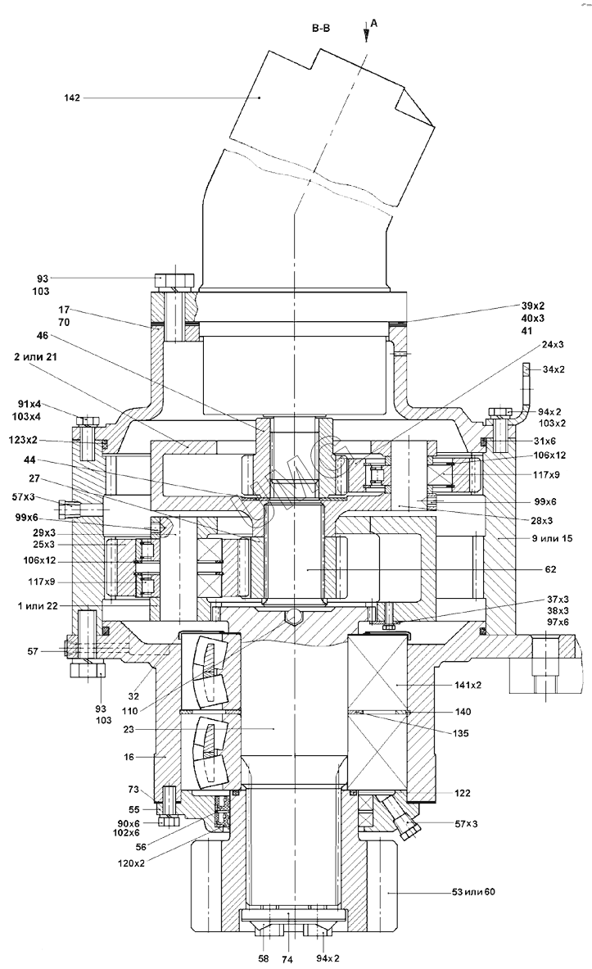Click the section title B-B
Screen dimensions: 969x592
pos(320,28)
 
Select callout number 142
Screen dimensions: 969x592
pos(71,98)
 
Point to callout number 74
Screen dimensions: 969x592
pos(287,957)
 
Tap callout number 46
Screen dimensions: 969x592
pos(43,336)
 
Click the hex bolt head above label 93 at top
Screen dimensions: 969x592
pos(174,280)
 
